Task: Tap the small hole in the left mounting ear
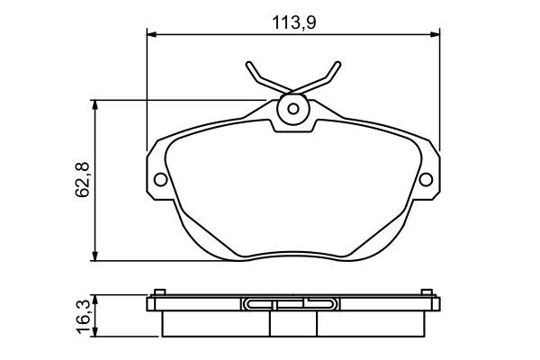160,178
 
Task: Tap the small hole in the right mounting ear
427,178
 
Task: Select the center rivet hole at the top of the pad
292,110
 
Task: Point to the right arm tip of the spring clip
337,65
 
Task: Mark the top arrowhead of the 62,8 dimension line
96,104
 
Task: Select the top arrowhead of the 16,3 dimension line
96,298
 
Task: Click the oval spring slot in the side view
292,304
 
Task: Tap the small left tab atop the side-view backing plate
158,292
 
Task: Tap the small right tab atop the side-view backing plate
427,292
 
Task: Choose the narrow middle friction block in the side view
292,321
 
